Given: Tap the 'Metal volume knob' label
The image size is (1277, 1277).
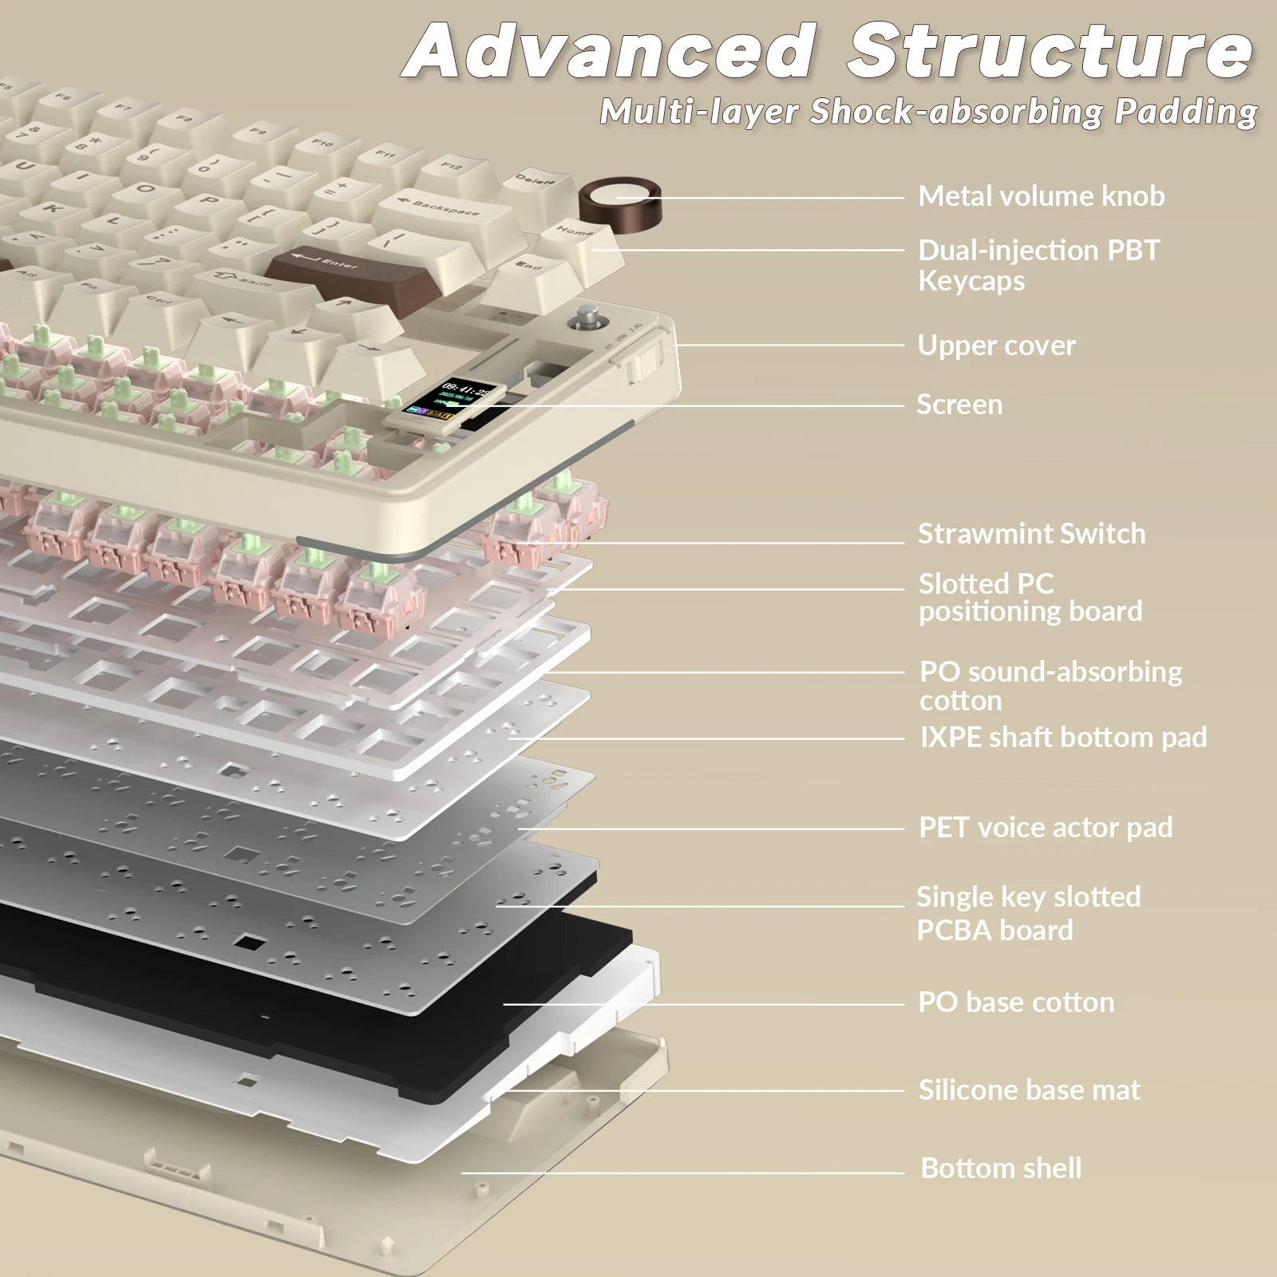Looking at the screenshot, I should [1041, 196].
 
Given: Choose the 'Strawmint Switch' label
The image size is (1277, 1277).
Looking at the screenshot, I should [1031, 534].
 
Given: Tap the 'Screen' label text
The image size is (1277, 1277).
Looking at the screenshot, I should [959, 405].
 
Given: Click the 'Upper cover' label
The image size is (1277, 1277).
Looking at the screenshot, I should [996, 346].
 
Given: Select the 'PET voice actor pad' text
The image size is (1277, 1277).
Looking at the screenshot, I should [1046, 828].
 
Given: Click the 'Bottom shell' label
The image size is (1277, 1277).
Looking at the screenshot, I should [1001, 1168].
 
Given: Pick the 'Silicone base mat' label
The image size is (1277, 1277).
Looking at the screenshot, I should [1029, 1090].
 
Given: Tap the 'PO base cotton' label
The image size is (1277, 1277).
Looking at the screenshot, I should [1016, 1002].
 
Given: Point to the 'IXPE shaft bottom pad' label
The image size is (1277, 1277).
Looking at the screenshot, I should [1063, 737].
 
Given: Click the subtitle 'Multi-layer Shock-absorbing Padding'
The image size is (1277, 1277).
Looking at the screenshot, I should [928, 112].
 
